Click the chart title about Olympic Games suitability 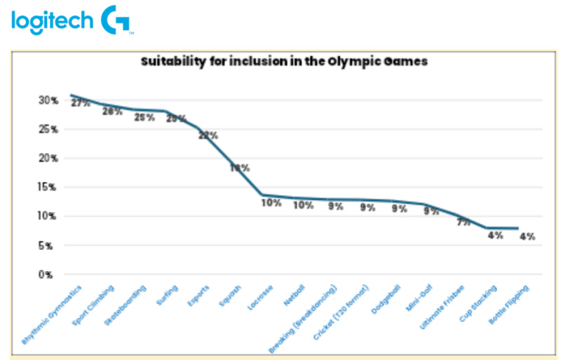click(283, 61)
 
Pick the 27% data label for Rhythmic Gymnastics click(81, 102)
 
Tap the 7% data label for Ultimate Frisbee click(463, 222)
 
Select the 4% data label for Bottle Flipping click(527, 236)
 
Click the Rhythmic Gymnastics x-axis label click(53, 314)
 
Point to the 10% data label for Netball click(303, 205)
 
